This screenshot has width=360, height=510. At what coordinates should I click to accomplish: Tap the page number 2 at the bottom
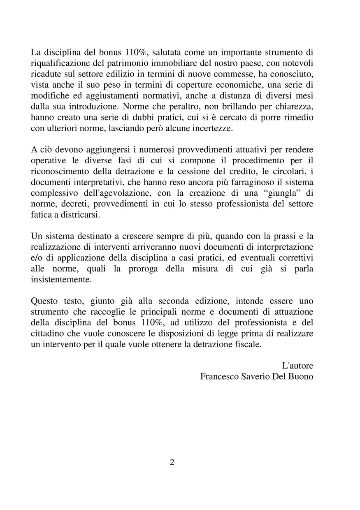pos(172,462)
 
